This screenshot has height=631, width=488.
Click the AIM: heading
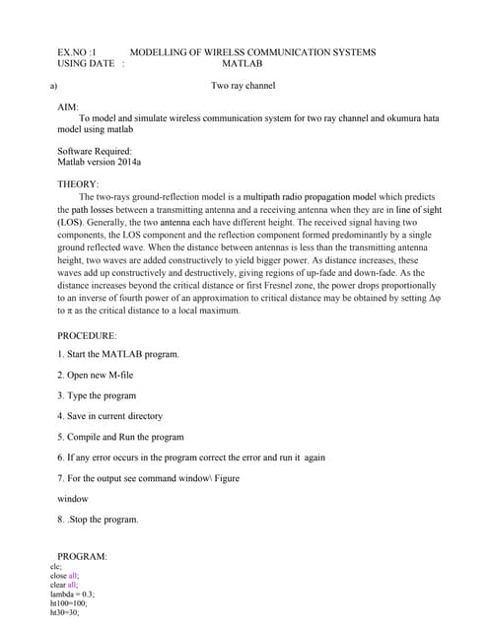[x=69, y=105]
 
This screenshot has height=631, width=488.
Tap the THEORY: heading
[x=79, y=184]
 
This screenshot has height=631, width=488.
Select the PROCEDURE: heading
[x=88, y=336]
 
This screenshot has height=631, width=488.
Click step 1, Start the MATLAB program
[x=118, y=354]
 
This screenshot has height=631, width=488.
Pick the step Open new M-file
[x=103, y=375]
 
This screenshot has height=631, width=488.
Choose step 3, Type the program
[x=97, y=395]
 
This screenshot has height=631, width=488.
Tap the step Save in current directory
[x=110, y=416]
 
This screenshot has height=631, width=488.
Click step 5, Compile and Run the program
[x=120, y=437]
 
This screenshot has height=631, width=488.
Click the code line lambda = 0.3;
[x=72, y=595]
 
